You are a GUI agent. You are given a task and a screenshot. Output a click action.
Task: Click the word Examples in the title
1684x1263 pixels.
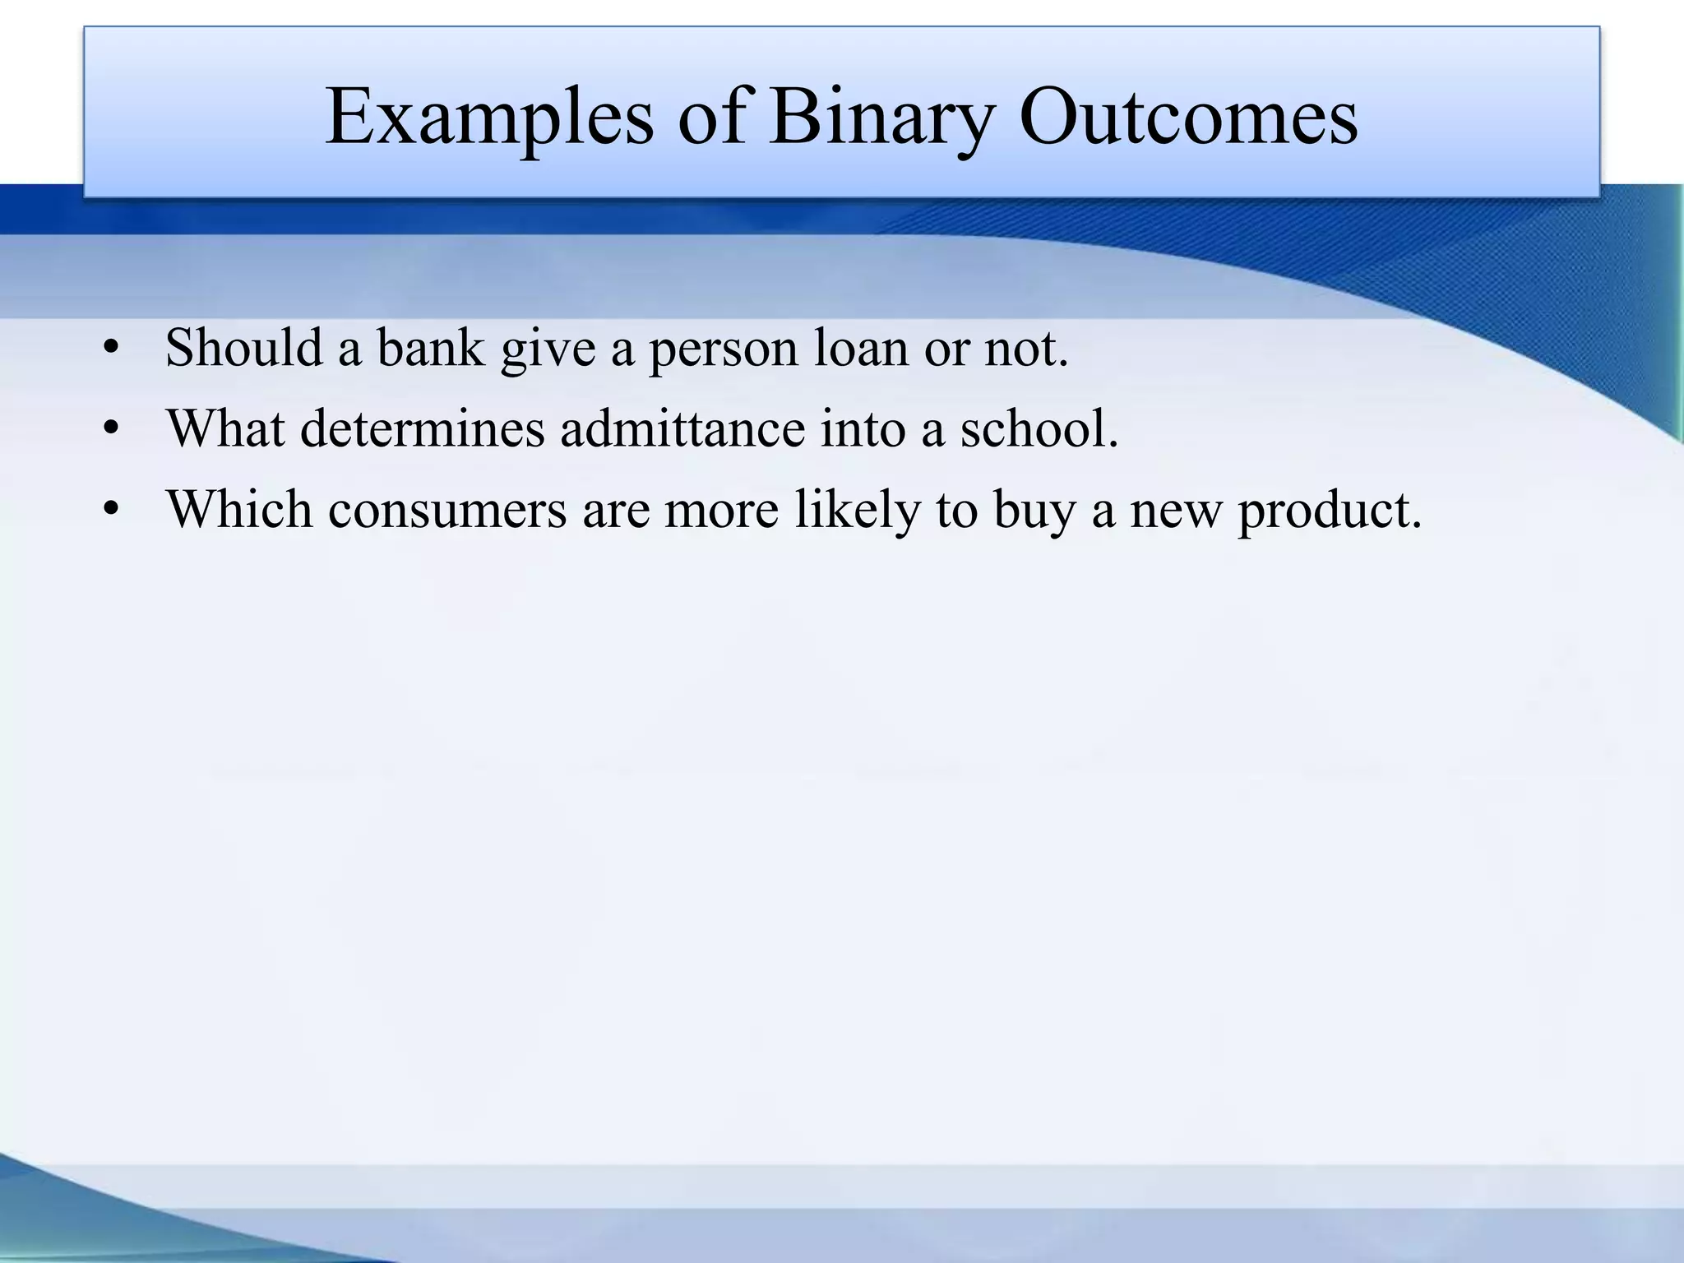tap(489, 117)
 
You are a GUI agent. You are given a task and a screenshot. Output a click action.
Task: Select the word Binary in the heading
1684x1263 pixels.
tap(881, 117)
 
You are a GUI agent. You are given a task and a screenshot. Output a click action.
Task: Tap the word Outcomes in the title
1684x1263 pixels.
tap(1188, 117)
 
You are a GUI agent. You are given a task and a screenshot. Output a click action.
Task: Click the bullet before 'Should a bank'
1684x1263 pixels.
tap(113, 349)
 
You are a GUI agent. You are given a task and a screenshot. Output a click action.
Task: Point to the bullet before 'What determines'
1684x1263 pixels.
tap(113, 430)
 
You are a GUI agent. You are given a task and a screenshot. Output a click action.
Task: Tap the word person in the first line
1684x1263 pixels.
tap(724, 349)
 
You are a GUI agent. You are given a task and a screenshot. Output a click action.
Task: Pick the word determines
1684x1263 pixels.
tap(422, 428)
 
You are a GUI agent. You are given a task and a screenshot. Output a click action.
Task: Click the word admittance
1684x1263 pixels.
tap(682, 428)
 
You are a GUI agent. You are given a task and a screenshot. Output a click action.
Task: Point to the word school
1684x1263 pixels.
tap(1039, 428)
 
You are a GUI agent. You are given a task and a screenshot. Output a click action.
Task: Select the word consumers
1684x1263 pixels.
tap(447, 510)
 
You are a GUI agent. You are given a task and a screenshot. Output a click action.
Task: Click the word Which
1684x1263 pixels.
tap(239, 509)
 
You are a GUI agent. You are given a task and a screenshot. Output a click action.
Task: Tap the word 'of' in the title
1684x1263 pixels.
tap(710, 117)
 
